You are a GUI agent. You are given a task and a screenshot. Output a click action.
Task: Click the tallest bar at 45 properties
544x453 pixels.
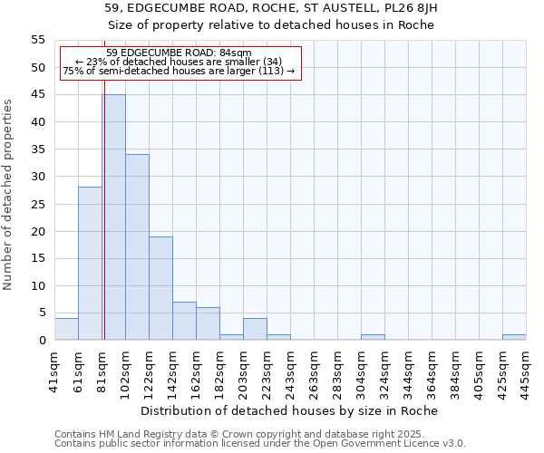113,217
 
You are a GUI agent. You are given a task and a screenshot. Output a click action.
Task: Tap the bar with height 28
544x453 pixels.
90,264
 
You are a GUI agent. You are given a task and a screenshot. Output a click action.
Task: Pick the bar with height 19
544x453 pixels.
160,288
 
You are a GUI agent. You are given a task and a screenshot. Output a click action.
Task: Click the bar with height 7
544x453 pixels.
184,321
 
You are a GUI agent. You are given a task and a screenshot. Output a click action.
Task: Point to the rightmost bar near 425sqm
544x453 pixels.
514,337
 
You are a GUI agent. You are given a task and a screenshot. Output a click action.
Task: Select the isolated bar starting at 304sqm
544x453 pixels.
373,337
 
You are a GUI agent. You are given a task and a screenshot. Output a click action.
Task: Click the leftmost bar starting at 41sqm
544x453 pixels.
66,329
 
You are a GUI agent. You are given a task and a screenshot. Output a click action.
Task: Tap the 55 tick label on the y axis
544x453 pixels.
37,40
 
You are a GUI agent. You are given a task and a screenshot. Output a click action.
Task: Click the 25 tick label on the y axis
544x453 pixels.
37,204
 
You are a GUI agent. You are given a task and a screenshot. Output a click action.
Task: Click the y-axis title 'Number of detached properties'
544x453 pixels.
8,194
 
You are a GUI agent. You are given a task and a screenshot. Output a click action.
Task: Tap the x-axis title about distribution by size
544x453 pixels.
290,410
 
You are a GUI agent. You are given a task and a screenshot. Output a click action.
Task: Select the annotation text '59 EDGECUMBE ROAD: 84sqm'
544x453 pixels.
179,53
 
